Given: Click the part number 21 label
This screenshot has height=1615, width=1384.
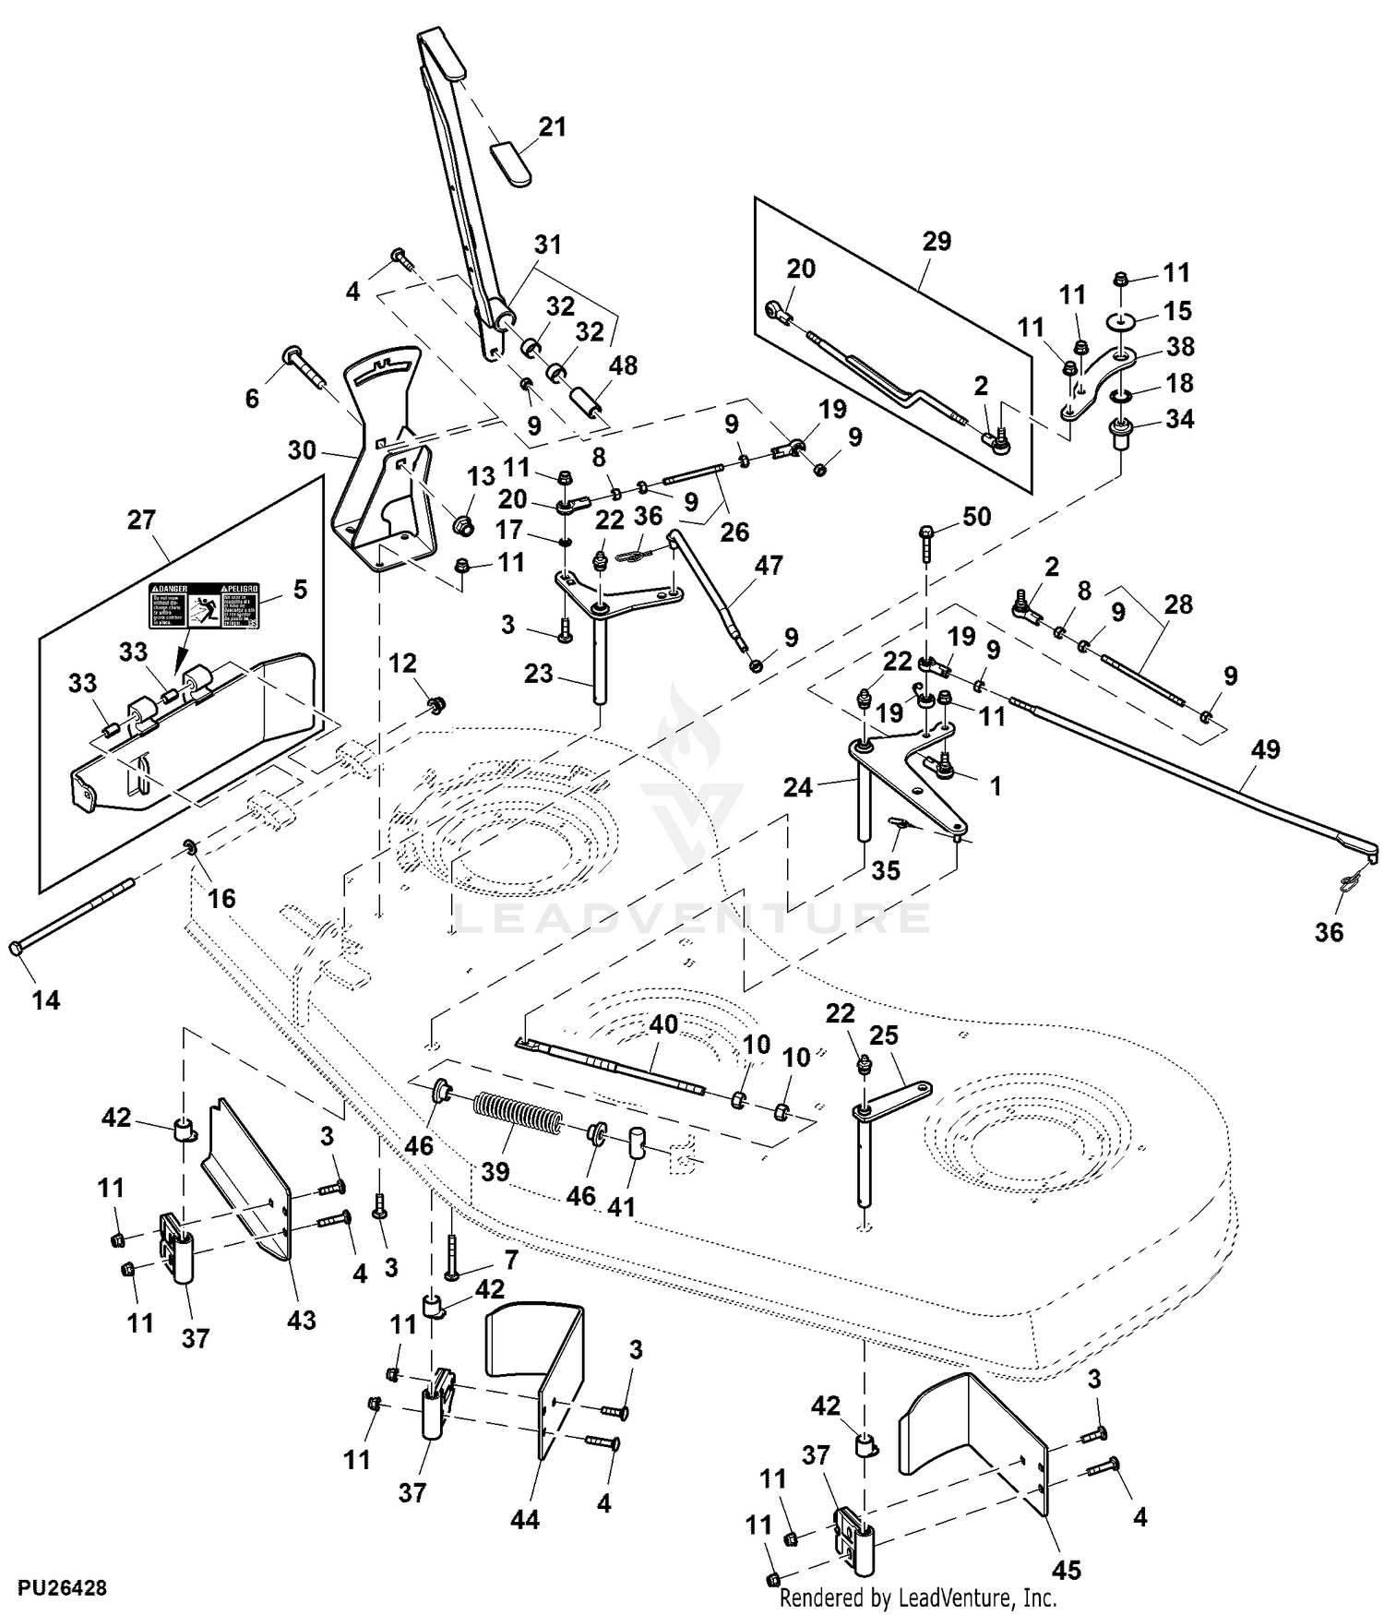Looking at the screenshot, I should (552, 126).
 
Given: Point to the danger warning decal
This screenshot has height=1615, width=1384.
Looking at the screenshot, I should (205, 605).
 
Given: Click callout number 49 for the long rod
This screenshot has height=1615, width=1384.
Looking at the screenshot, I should (1265, 749).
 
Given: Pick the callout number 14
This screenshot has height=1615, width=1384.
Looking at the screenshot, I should (45, 999).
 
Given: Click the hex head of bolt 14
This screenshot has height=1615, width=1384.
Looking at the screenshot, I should (16, 949).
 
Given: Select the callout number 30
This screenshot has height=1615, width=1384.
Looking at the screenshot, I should (302, 450).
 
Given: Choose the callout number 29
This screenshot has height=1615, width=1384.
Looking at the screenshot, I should (937, 242).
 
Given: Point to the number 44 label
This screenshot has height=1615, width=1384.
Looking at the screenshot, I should (524, 1519).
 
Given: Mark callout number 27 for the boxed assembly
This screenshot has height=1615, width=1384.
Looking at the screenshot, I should (141, 520).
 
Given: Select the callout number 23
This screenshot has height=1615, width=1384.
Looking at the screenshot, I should (539, 674).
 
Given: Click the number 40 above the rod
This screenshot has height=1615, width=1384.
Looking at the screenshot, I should (663, 1023).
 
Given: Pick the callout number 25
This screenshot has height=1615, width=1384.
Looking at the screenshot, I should (883, 1035).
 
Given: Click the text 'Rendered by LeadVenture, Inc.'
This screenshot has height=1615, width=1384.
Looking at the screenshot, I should (918, 1597).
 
